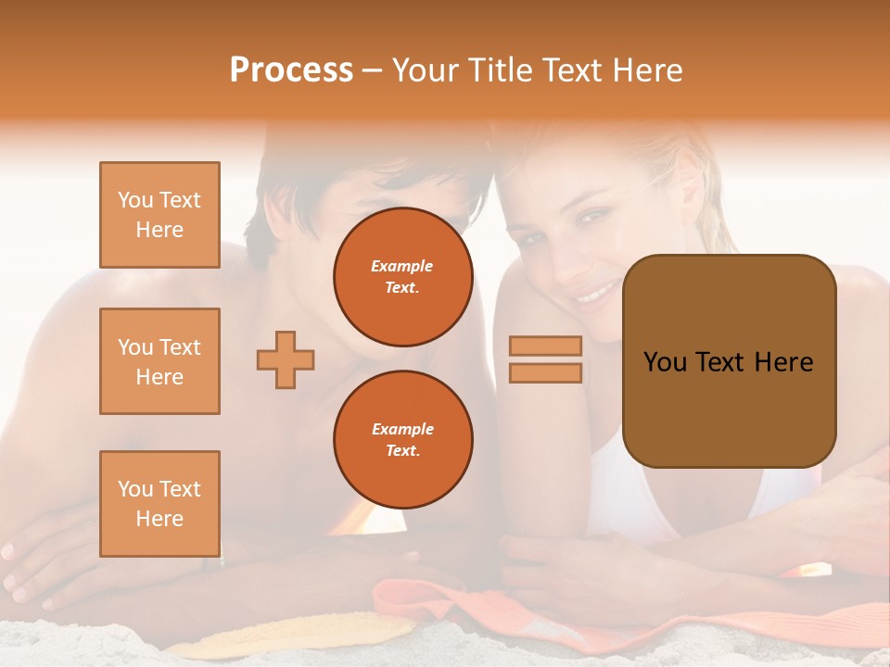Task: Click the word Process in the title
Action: (x=291, y=70)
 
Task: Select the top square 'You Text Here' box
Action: (x=159, y=215)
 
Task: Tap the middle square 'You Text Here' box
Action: (x=159, y=361)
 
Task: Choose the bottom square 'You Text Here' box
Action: (x=159, y=504)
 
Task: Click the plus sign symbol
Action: (x=286, y=359)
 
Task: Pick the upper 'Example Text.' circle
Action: (x=402, y=277)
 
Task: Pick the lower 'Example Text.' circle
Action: (x=402, y=440)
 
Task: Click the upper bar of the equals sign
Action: (x=546, y=346)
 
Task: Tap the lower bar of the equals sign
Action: (x=546, y=372)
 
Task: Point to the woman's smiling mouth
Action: (x=593, y=292)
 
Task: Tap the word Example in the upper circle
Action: (x=402, y=266)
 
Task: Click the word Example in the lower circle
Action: (x=402, y=429)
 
